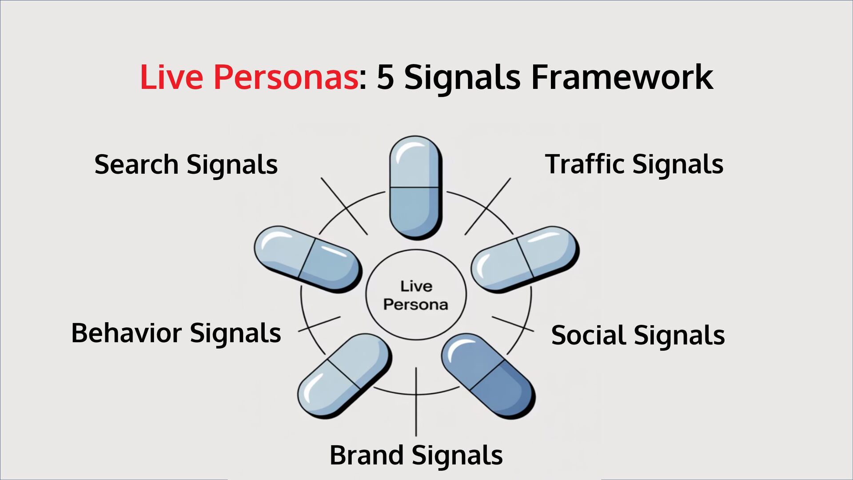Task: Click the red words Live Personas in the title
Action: [x=249, y=77]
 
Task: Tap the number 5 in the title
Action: [x=385, y=77]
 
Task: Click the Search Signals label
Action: [x=186, y=164]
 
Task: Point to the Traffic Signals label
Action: [x=634, y=164]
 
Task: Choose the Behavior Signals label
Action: [x=176, y=333]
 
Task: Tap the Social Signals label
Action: [x=638, y=335]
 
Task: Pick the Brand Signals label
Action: [x=416, y=455]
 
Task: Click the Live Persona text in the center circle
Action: [x=416, y=295]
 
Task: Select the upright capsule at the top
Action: [x=416, y=188]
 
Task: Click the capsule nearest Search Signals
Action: [x=308, y=259]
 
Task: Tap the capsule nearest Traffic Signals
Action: [x=525, y=259]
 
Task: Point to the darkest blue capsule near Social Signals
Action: [x=488, y=376]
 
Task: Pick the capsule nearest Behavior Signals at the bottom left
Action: [x=344, y=376]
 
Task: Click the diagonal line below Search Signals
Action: [x=344, y=206]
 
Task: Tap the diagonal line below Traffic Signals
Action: [x=488, y=206]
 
